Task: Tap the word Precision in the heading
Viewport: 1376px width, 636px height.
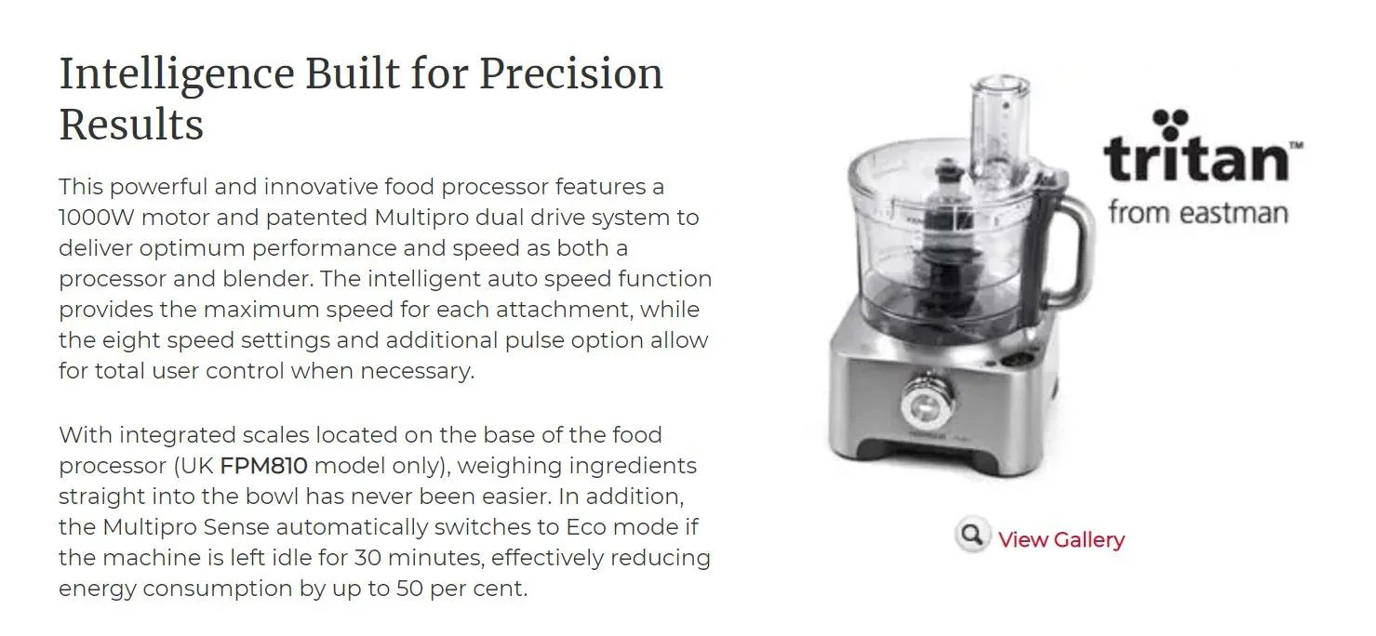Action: pyautogui.click(x=570, y=74)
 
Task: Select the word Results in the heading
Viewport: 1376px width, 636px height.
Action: pyautogui.click(x=131, y=125)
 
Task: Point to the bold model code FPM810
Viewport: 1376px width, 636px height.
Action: pyautogui.click(x=263, y=465)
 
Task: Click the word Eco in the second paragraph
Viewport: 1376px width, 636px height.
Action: pyautogui.click(x=587, y=526)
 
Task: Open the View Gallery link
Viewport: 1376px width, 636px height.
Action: pyautogui.click(x=1061, y=539)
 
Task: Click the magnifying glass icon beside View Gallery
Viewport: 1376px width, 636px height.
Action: pyautogui.click(x=972, y=536)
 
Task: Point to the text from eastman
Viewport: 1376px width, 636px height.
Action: pyautogui.click(x=1197, y=213)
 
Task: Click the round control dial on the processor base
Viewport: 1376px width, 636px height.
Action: pyautogui.click(x=924, y=402)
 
